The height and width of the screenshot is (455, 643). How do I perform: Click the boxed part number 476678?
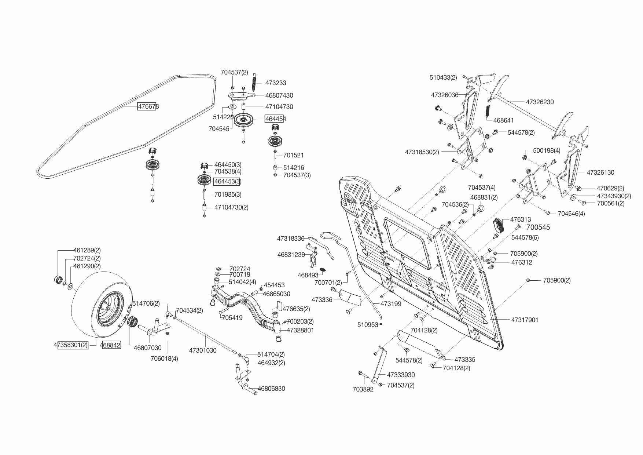click(x=148, y=107)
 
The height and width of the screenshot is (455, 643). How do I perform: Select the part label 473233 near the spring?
click(x=276, y=83)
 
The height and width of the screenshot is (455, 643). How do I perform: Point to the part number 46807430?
click(x=279, y=95)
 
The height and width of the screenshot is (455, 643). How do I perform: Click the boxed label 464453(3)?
click(x=228, y=181)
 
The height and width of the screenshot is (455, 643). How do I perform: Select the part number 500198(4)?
click(x=547, y=150)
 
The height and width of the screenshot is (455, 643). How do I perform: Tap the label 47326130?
click(x=600, y=172)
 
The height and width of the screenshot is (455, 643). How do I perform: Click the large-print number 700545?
click(x=538, y=227)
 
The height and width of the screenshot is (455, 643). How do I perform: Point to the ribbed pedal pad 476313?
click(x=499, y=224)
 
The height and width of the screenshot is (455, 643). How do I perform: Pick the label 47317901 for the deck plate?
click(x=525, y=320)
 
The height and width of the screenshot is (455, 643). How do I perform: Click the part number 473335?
click(x=465, y=360)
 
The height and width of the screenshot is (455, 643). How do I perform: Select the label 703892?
click(x=363, y=389)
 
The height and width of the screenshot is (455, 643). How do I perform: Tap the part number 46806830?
click(x=271, y=389)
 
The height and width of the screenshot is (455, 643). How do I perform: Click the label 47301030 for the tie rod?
click(x=203, y=350)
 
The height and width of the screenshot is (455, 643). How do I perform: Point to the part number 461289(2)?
click(x=87, y=251)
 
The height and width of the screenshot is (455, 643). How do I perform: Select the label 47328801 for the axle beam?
click(x=300, y=330)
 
